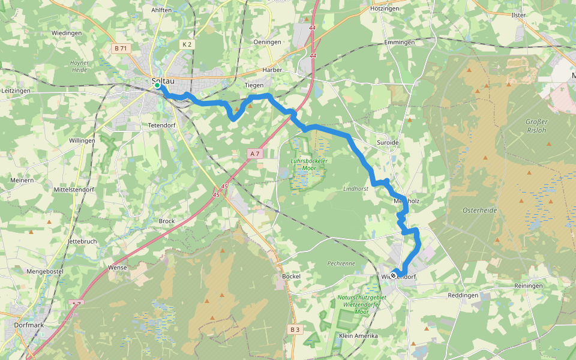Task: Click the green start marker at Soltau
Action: click(157, 86)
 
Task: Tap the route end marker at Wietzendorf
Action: click(394, 276)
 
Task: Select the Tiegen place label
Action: click(254, 85)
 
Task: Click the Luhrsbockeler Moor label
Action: click(308, 164)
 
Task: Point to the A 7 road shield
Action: click(254, 154)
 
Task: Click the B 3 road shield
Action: click(294, 329)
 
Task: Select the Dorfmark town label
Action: click(29, 325)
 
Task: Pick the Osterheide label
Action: click(479, 210)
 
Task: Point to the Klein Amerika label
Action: click(358, 335)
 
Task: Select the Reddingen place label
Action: click(463, 296)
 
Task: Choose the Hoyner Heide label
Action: click(79, 66)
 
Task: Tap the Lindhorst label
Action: click(355, 188)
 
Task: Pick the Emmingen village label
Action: click(400, 43)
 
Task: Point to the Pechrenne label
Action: click(341, 263)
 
